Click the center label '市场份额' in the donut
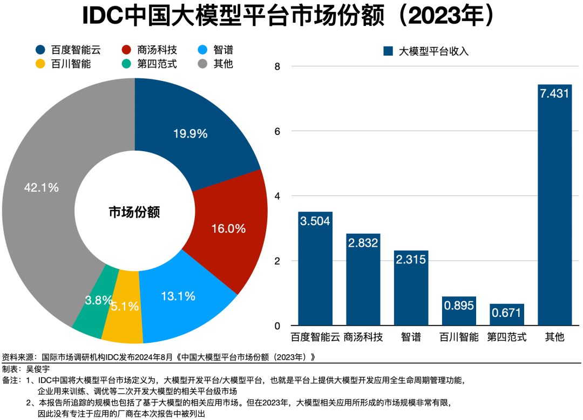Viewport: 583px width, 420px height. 134,212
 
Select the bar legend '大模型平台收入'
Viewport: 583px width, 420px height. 426,51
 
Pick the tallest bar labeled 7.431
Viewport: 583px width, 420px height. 554,205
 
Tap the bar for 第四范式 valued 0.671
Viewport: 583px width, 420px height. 506,315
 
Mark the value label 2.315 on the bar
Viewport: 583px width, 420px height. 411,260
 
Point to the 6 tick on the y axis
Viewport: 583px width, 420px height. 277,131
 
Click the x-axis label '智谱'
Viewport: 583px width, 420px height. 411,337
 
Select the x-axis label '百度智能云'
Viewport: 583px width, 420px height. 315,337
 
